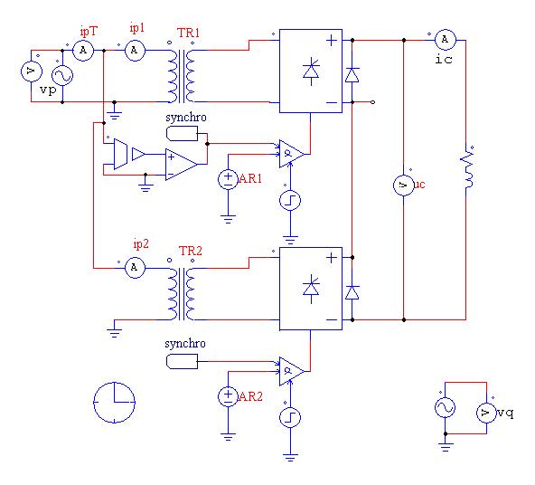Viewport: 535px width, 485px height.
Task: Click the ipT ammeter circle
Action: pos(83,51)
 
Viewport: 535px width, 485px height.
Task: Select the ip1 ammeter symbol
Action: pos(135,51)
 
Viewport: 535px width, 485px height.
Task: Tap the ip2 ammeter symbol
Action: pos(135,268)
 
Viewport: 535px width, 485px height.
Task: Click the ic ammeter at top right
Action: pos(445,40)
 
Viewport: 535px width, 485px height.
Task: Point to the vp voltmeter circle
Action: pos(32,71)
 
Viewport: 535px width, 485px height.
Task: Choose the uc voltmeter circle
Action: pos(404,185)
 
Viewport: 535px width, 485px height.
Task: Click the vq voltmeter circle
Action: pos(486,413)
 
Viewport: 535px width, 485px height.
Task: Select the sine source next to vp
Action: pos(62,75)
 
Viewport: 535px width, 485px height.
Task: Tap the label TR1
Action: pos(188,33)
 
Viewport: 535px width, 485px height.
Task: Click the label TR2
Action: pos(191,251)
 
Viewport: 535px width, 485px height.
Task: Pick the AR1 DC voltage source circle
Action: pos(228,179)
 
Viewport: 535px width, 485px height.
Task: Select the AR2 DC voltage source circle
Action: pos(228,396)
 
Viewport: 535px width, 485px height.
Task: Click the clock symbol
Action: pos(114,403)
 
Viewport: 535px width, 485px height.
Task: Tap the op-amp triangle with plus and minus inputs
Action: pos(181,165)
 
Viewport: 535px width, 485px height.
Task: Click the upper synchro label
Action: pos(186,117)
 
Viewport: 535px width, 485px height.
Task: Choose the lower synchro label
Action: pos(185,344)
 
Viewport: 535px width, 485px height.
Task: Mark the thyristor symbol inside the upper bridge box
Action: pos(311,71)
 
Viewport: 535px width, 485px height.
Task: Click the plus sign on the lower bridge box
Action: pos(332,258)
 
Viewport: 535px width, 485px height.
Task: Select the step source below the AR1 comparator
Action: pos(290,200)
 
